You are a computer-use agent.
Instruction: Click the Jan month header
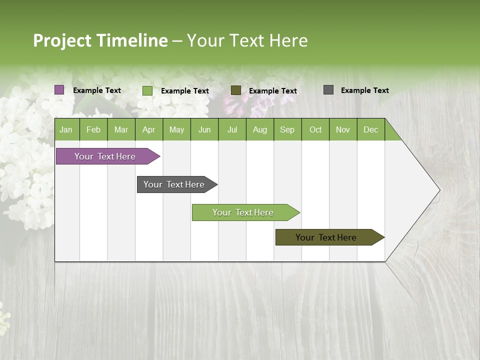point(66,130)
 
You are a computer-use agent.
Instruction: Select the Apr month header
point(149,130)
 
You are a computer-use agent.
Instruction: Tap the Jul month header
point(232,130)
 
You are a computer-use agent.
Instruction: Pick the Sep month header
point(287,130)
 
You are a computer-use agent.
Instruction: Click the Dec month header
point(371,130)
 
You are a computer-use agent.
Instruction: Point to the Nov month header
point(343,130)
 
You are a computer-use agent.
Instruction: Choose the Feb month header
point(93,130)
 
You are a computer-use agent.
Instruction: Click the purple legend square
point(59,90)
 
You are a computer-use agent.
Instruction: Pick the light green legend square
point(147,90)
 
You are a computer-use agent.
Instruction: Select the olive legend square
point(236,90)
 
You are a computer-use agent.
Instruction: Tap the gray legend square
point(328,90)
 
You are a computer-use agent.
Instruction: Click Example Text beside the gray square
point(364,90)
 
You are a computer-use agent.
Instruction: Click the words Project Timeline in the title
point(100,40)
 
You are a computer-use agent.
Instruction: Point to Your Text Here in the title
point(247,40)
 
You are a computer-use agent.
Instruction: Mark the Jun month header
point(204,130)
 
